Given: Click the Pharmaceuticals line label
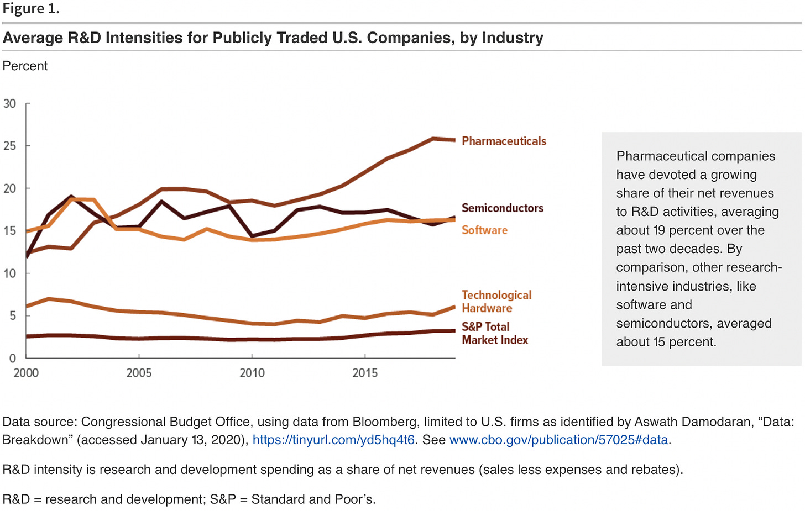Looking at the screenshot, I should [x=504, y=141].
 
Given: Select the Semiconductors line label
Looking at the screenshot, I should [x=503, y=208].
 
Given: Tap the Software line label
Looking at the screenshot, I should [x=484, y=230].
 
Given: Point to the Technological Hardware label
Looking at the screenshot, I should [x=496, y=302].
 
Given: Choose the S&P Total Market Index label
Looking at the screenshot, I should [x=494, y=333].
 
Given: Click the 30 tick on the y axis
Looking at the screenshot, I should [x=10, y=104].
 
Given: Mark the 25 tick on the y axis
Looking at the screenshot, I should [x=10, y=146].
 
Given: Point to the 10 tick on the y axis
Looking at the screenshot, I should [x=10, y=273].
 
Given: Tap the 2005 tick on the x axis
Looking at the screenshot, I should [x=139, y=373].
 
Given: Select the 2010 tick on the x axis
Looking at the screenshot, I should [x=252, y=373].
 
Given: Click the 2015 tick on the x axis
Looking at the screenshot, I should [x=365, y=373].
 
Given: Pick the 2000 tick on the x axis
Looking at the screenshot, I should [x=26, y=373].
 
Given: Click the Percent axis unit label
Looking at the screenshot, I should [x=25, y=66].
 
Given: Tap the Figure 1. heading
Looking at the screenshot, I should [x=31, y=9].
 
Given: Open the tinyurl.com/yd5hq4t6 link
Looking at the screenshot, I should [x=333, y=440].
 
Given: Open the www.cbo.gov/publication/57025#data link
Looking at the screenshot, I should [x=558, y=440].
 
